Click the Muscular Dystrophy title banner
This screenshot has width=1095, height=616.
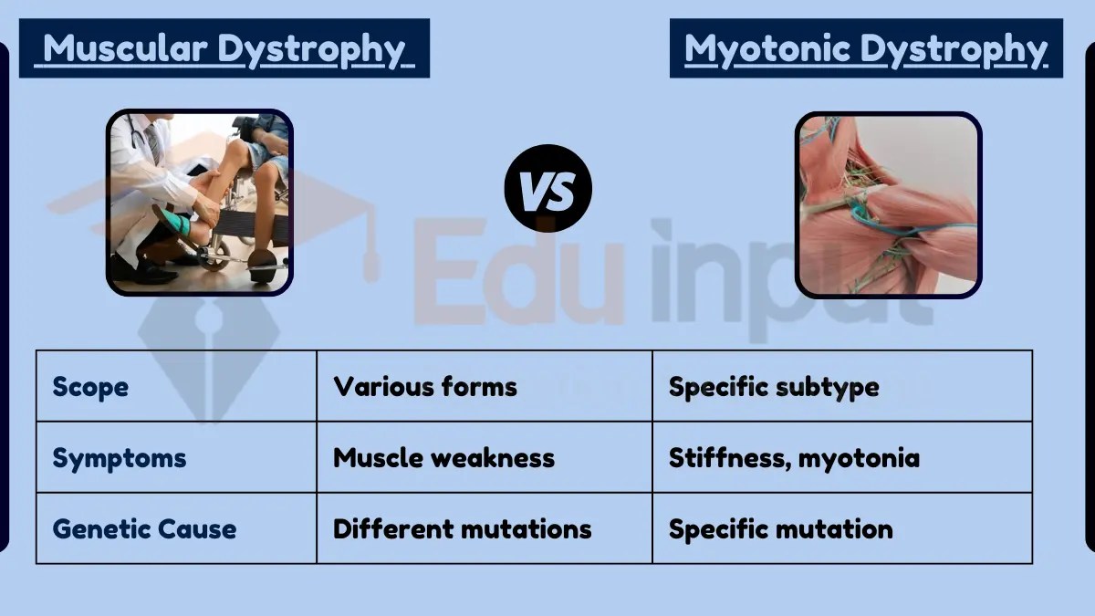(x=224, y=48)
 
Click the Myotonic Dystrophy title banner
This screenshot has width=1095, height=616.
(x=865, y=48)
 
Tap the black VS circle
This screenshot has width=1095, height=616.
(x=547, y=189)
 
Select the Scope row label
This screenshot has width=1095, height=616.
(x=90, y=387)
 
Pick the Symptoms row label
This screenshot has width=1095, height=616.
(x=119, y=458)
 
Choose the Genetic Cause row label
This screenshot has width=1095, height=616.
(x=144, y=529)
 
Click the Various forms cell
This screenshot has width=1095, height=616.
(x=425, y=387)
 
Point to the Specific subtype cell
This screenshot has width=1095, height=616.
(x=774, y=387)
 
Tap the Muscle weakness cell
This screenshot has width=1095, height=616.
(x=443, y=458)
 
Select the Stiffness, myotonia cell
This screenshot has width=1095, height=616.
(x=794, y=458)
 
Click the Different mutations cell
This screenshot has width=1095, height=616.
(x=462, y=529)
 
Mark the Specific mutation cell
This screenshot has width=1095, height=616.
(x=780, y=529)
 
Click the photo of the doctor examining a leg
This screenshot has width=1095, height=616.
(x=199, y=203)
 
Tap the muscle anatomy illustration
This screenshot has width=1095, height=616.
(x=888, y=204)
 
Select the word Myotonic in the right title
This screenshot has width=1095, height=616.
(x=766, y=48)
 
